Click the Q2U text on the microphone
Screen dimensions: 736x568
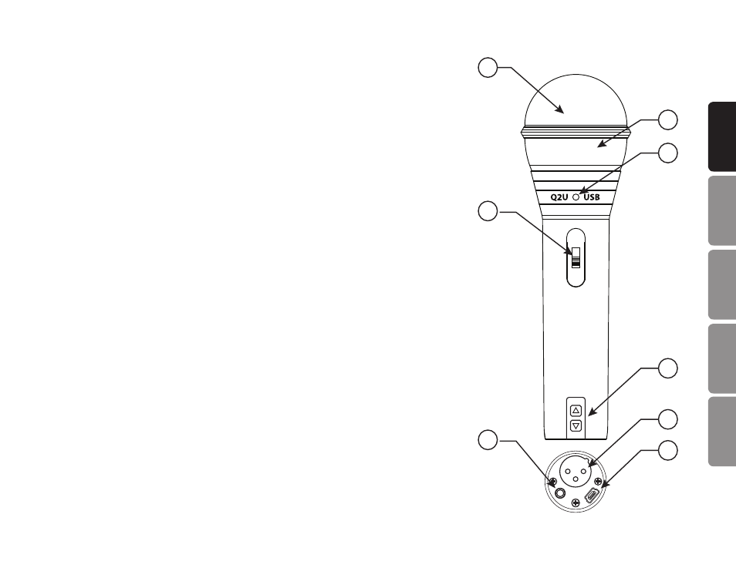(x=559, y=197)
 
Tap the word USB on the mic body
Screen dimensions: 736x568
(x=592, y=197)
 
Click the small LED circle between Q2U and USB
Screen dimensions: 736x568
(x=576, y=197)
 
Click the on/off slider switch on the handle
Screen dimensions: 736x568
(x=576, y=257)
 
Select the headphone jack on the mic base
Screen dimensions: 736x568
(x=560, y=493)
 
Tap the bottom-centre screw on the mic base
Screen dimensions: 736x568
(x=576, y=503)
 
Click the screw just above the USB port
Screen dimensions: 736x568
(x=598, y=481)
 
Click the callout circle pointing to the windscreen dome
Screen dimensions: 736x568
(x=488, y=68)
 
